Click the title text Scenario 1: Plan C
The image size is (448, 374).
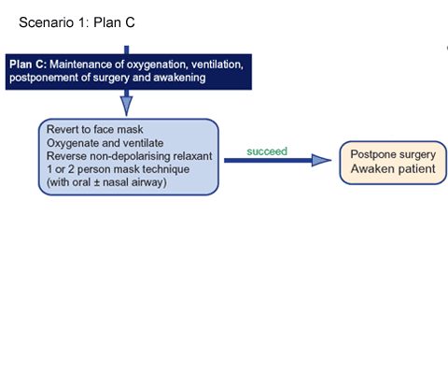point(77,22)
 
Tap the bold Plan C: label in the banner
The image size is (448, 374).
point(28,65)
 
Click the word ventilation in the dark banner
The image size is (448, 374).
point(217,65)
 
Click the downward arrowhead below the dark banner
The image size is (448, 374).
point(126,106)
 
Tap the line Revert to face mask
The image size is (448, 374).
point(95,129)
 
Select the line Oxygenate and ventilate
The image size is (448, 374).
point(105,143)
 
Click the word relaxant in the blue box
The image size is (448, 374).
point(192,156)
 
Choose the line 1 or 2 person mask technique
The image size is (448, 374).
point(119,169)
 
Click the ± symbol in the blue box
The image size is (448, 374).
point(97,182)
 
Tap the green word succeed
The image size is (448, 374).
point(267,151)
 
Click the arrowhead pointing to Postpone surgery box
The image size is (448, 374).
point(321,160)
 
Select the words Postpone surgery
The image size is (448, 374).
point(393,154)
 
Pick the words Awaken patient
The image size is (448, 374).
point(393,169)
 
